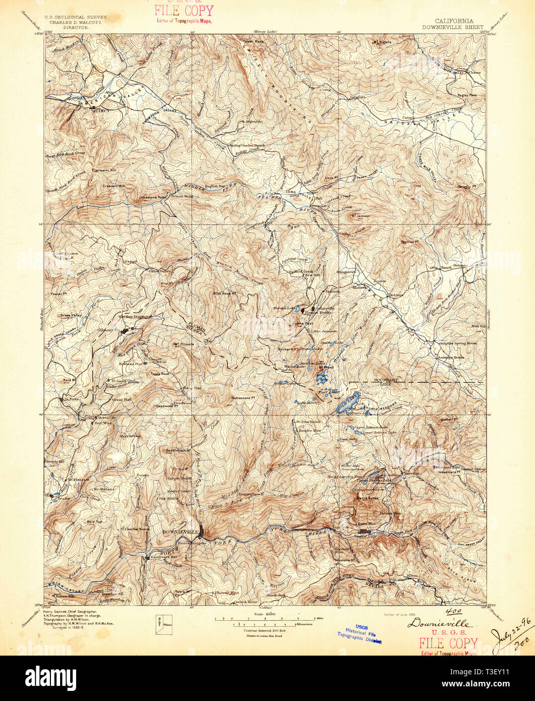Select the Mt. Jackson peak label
[360, 215]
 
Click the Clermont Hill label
[103, 170]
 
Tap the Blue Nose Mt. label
[225, 293]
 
